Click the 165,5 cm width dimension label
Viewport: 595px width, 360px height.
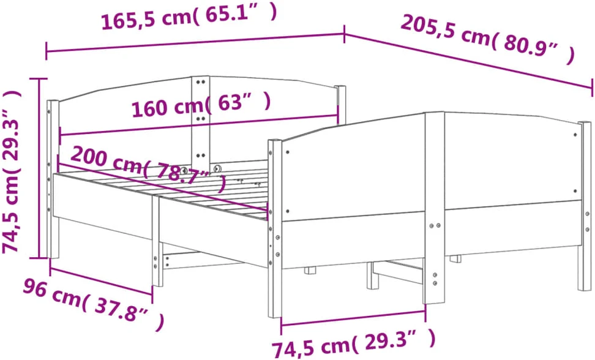click(x=189, y=18)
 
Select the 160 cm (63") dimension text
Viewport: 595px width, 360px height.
click(x=201, y=104)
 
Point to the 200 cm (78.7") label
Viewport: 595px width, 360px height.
click(x=149, y=168)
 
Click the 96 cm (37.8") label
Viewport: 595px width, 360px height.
click(x=94, y=305)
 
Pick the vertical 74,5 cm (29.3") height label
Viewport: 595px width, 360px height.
click(x=11, y=171)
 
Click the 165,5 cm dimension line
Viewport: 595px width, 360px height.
click(x=195, y=42)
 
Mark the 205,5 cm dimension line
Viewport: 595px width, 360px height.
click(x=469, y=61)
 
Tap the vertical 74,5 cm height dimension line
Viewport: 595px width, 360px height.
click(x=39, y=168)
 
